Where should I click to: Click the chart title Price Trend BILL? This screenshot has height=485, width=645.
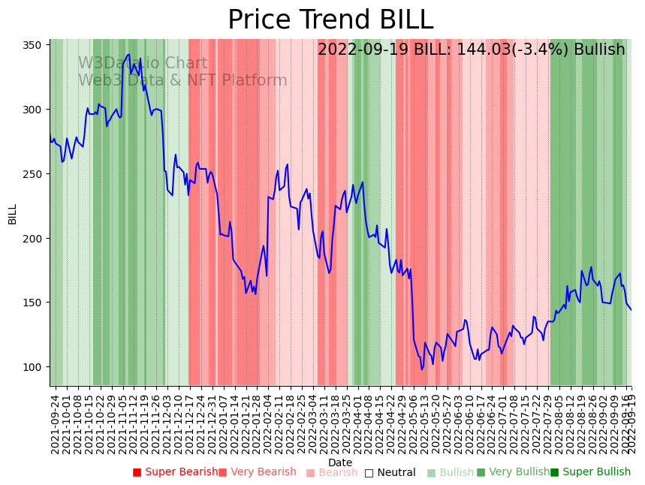point(330,20)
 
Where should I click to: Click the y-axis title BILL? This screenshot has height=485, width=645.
point(13,214)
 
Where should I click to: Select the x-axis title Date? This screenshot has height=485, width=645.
point(340,463)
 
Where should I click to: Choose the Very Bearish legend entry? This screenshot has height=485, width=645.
point(258,472)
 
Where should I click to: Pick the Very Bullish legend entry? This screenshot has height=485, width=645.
point(513,472)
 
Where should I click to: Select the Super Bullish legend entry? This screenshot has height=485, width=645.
point(590,472)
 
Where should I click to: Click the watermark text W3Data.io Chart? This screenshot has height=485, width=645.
point(143,64)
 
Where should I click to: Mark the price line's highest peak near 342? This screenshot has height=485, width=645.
point(129,55)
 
